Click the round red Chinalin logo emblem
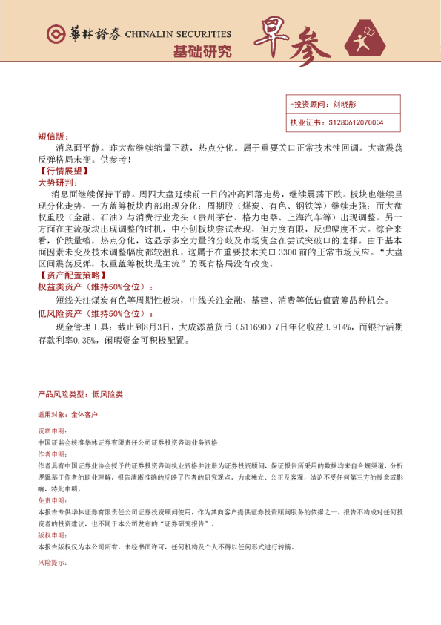(x=56, y=34)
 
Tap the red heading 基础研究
(x=202, y=52)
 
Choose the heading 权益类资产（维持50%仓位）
(x=89, y=286)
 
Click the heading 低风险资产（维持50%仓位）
(x=89, y=314)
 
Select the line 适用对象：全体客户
(x=67, y=414)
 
